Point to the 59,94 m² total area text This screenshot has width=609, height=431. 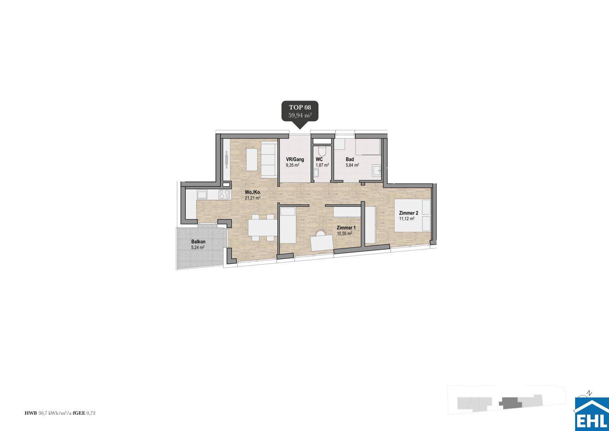coord(300,116)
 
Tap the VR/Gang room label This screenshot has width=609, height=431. coord(295,159)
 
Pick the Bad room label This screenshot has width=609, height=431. coord(350,159)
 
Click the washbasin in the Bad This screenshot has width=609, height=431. coord(376,171)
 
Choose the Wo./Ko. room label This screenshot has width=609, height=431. coord(253,192)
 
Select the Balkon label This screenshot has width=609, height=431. coord(198,242)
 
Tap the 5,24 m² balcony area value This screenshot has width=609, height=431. coord(198,247)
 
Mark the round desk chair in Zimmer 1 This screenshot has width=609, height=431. coord(320,233)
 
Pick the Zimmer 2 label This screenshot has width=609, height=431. coord(409,213)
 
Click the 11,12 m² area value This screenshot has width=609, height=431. coord(407,219)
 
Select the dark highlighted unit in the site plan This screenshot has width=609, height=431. coord(510,403)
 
